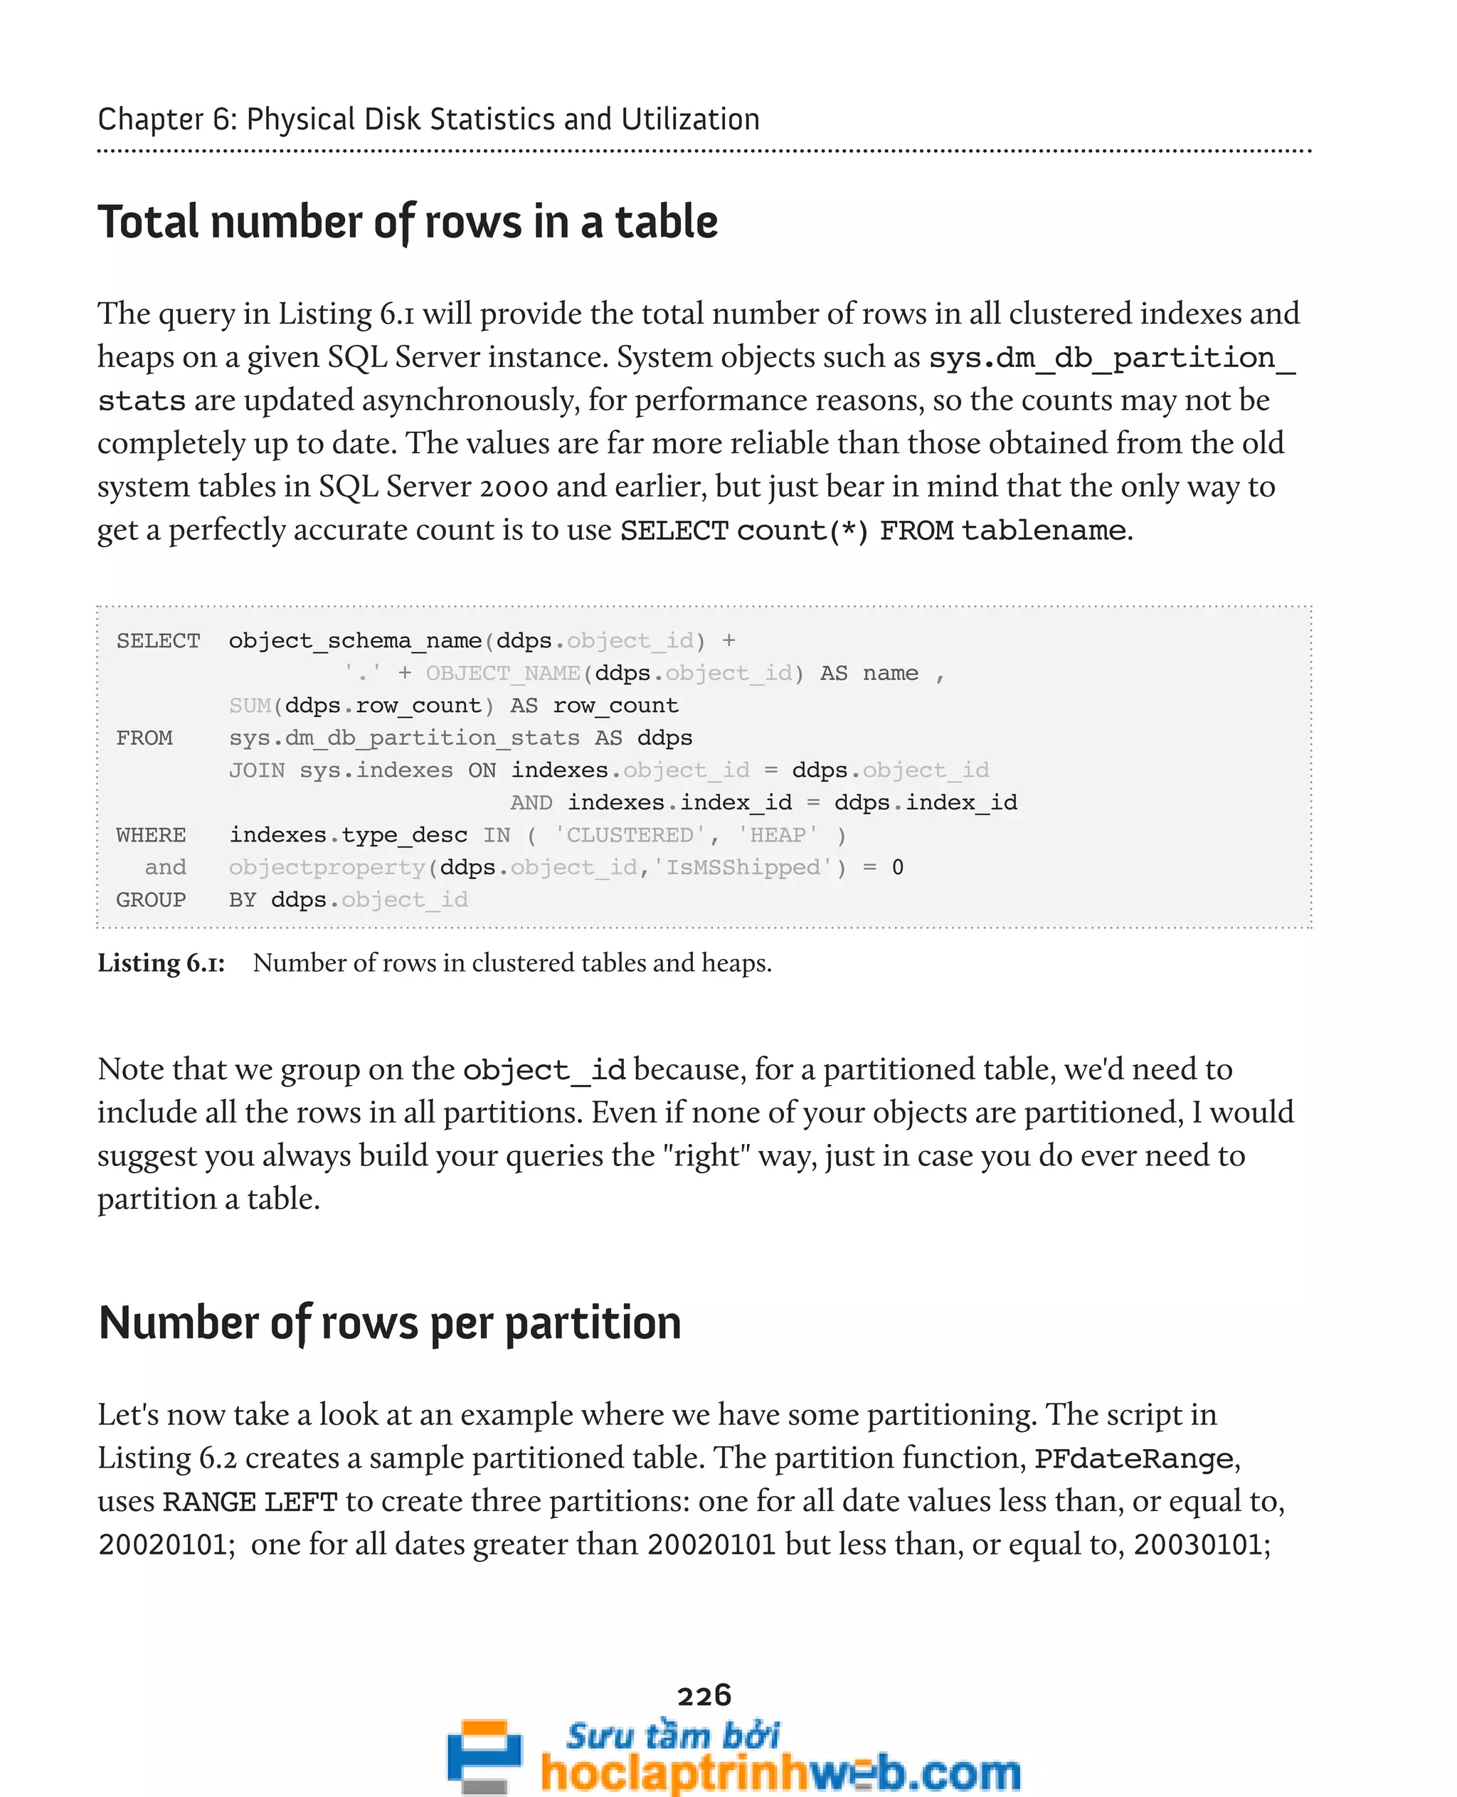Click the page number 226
[x=704, y=1695]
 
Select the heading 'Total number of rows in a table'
[x=407, y=223]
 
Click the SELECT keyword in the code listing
[x=158, y=641]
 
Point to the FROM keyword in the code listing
[x=144, y=738]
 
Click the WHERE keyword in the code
[x=151, y=835]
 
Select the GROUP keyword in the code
[x=151, y=900]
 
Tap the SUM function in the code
[x=249, y=706]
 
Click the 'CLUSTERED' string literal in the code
[x=630, y=835]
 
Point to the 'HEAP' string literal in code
[x=777, y=835]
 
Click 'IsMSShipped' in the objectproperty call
[x=743, y=867]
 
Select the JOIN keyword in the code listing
[x=256, y=770]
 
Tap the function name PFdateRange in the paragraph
[x=1133, y=1459]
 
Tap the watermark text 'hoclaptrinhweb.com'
[x=780, y=1773]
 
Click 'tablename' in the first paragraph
[x=1043, y=531]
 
